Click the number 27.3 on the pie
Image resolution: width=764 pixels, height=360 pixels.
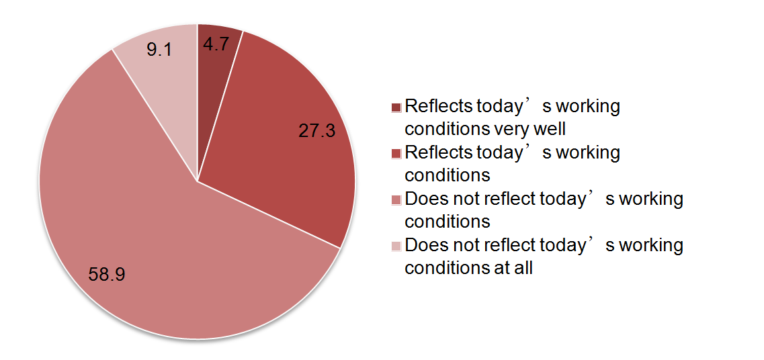click(x=316, y=130)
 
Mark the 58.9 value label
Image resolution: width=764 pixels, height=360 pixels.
click(x=107, y=274)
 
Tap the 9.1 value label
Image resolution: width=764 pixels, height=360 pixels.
click(x=159, y=49)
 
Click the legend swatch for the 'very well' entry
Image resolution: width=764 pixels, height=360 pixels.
click(x=396, y=107)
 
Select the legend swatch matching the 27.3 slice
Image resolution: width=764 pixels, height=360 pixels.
click(x=396, y=153)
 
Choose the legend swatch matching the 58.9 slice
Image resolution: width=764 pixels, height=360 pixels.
click(x=396, y=199)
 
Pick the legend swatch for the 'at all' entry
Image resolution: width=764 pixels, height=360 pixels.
click(x=396, y=246)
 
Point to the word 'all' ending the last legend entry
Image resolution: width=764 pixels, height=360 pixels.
click(x=524, y=267)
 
